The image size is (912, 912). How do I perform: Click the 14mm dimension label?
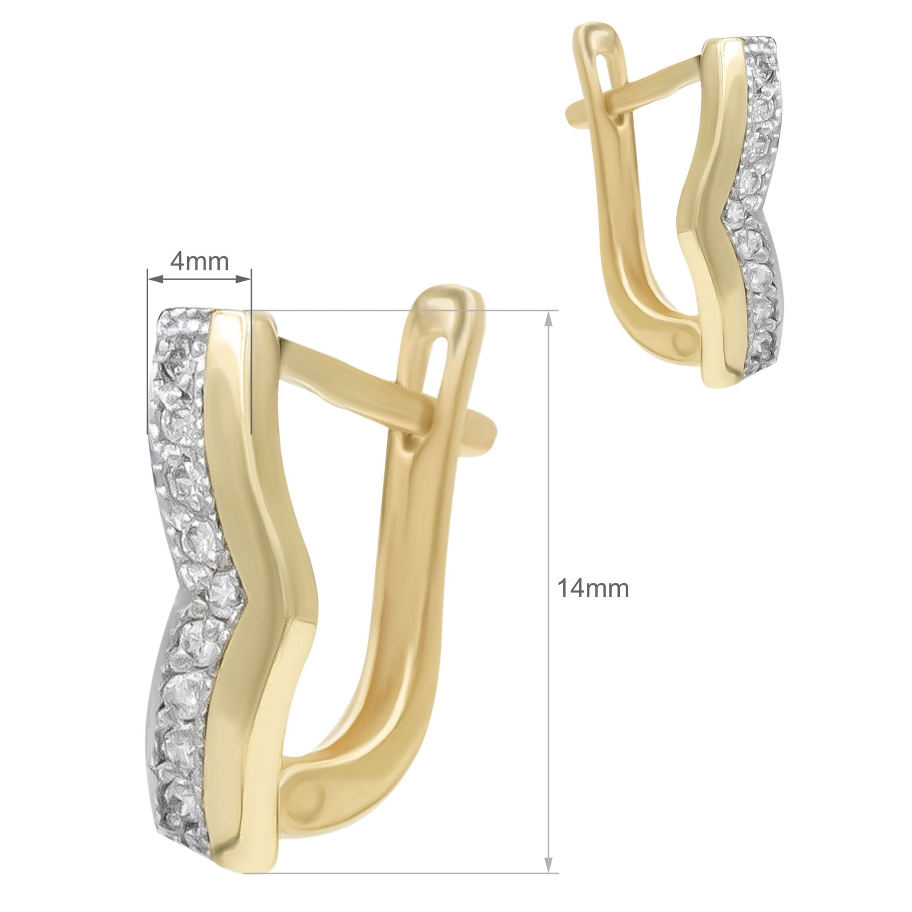(x=593, y=589)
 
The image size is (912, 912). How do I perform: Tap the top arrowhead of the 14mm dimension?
(x=548, y=320)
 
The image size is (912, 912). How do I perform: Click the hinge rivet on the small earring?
(x=681, y=341)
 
